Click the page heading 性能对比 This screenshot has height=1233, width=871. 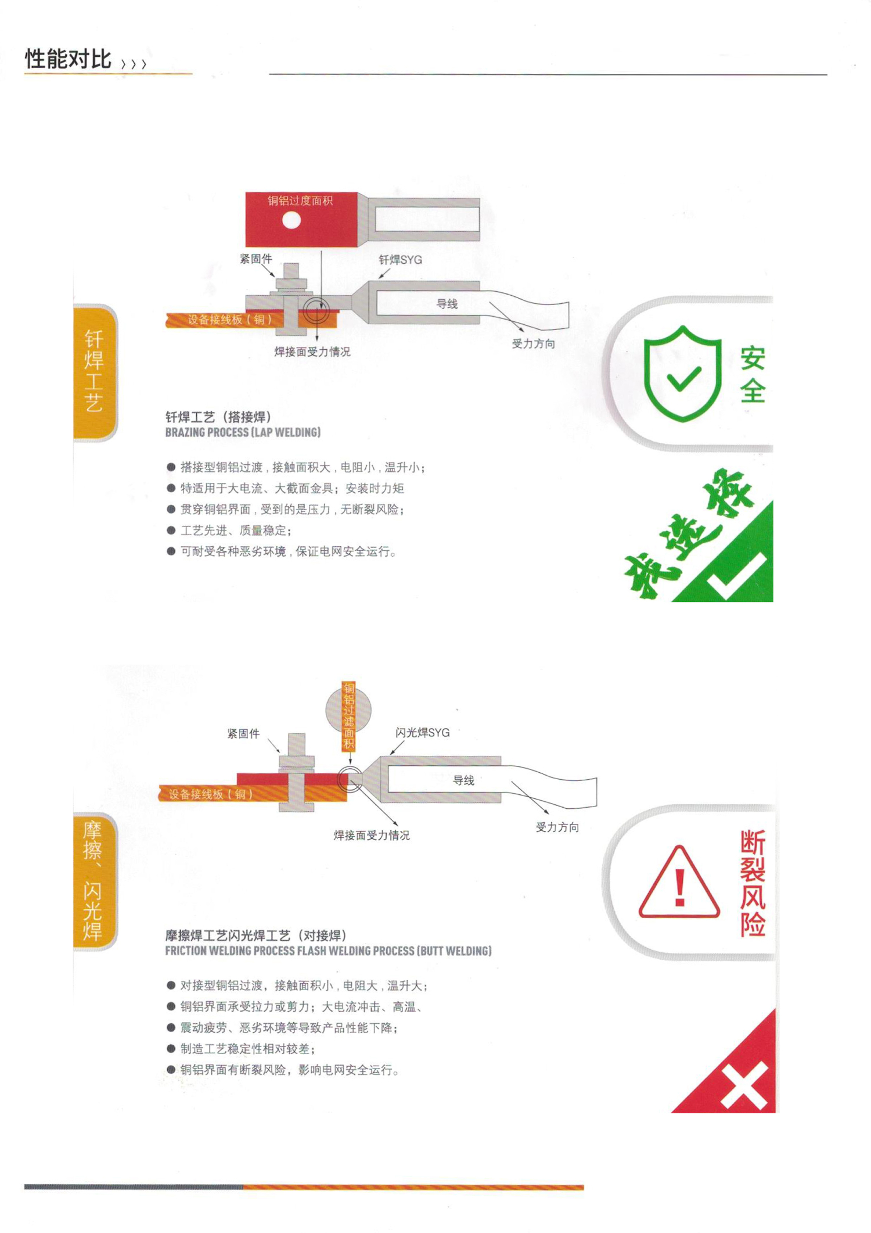pos(68,59)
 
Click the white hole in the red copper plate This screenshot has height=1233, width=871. pos(291,220)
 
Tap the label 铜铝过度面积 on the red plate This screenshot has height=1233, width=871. pos(300,201)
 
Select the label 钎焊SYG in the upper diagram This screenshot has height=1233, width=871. pos(400,260)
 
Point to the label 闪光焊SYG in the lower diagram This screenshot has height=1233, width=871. pos(422,733)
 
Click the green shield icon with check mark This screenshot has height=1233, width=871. pos(683,373)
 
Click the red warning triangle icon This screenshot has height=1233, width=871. pos(679,881)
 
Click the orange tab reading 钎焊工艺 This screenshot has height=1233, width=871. pos(95,372)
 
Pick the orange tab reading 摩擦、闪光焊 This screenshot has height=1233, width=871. pos(94,881)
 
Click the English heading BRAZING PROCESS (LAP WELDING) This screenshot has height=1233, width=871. pos(243,432)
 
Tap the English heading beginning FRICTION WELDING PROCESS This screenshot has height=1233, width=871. pos(328,951)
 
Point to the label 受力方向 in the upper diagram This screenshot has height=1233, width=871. pos(533,343)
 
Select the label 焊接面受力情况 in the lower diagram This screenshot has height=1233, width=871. pos(372,835)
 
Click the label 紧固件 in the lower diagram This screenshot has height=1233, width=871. pos(243,734)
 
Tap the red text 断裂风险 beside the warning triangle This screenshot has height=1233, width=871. pos(753,883)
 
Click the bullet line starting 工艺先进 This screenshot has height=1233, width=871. pos(229,531)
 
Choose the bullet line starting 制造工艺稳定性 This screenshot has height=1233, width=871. pos(241,1049)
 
